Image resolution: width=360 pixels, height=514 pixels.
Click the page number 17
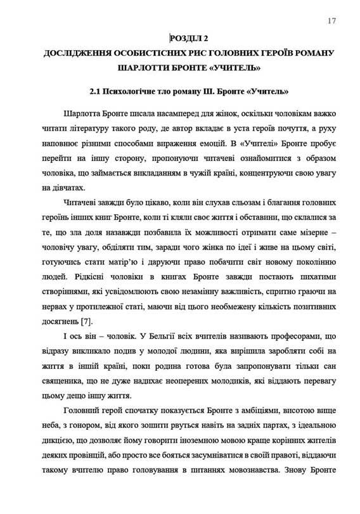point(331,21)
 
